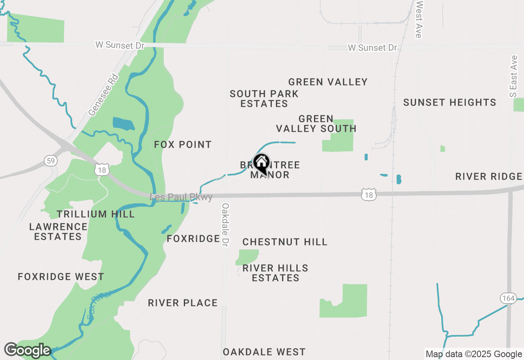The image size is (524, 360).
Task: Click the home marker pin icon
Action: (x=261, y=163)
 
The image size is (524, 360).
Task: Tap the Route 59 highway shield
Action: (x=50, y=161)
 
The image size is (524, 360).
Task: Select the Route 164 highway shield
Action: (x=508, y=298)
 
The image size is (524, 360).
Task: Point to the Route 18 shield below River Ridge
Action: (x=369, y=195)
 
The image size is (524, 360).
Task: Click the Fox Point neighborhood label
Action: (x=183, y=144)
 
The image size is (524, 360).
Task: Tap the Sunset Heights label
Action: (x=449, y=102)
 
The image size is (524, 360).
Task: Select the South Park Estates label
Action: (x=264, y=99)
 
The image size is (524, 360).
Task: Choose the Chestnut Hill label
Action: (x=285, y=242)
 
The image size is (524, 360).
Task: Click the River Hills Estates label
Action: (x=276, y=273)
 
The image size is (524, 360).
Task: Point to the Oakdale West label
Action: (x=264, y=352)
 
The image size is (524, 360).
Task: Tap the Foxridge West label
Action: (x=61, y=277)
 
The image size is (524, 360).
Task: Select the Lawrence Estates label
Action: (x=58, y=232)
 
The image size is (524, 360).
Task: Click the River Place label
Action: (x=183, y=303)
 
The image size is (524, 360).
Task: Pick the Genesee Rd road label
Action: (x=103, y=95)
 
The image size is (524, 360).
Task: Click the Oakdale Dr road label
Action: (x=225, y=225)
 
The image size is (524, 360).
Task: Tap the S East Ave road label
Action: (x=514, y=77)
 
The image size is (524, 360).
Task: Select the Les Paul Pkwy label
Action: (x=181, y=197)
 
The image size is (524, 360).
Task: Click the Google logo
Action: (x=27, y=350)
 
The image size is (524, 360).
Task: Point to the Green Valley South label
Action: (x=316, y=124)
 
